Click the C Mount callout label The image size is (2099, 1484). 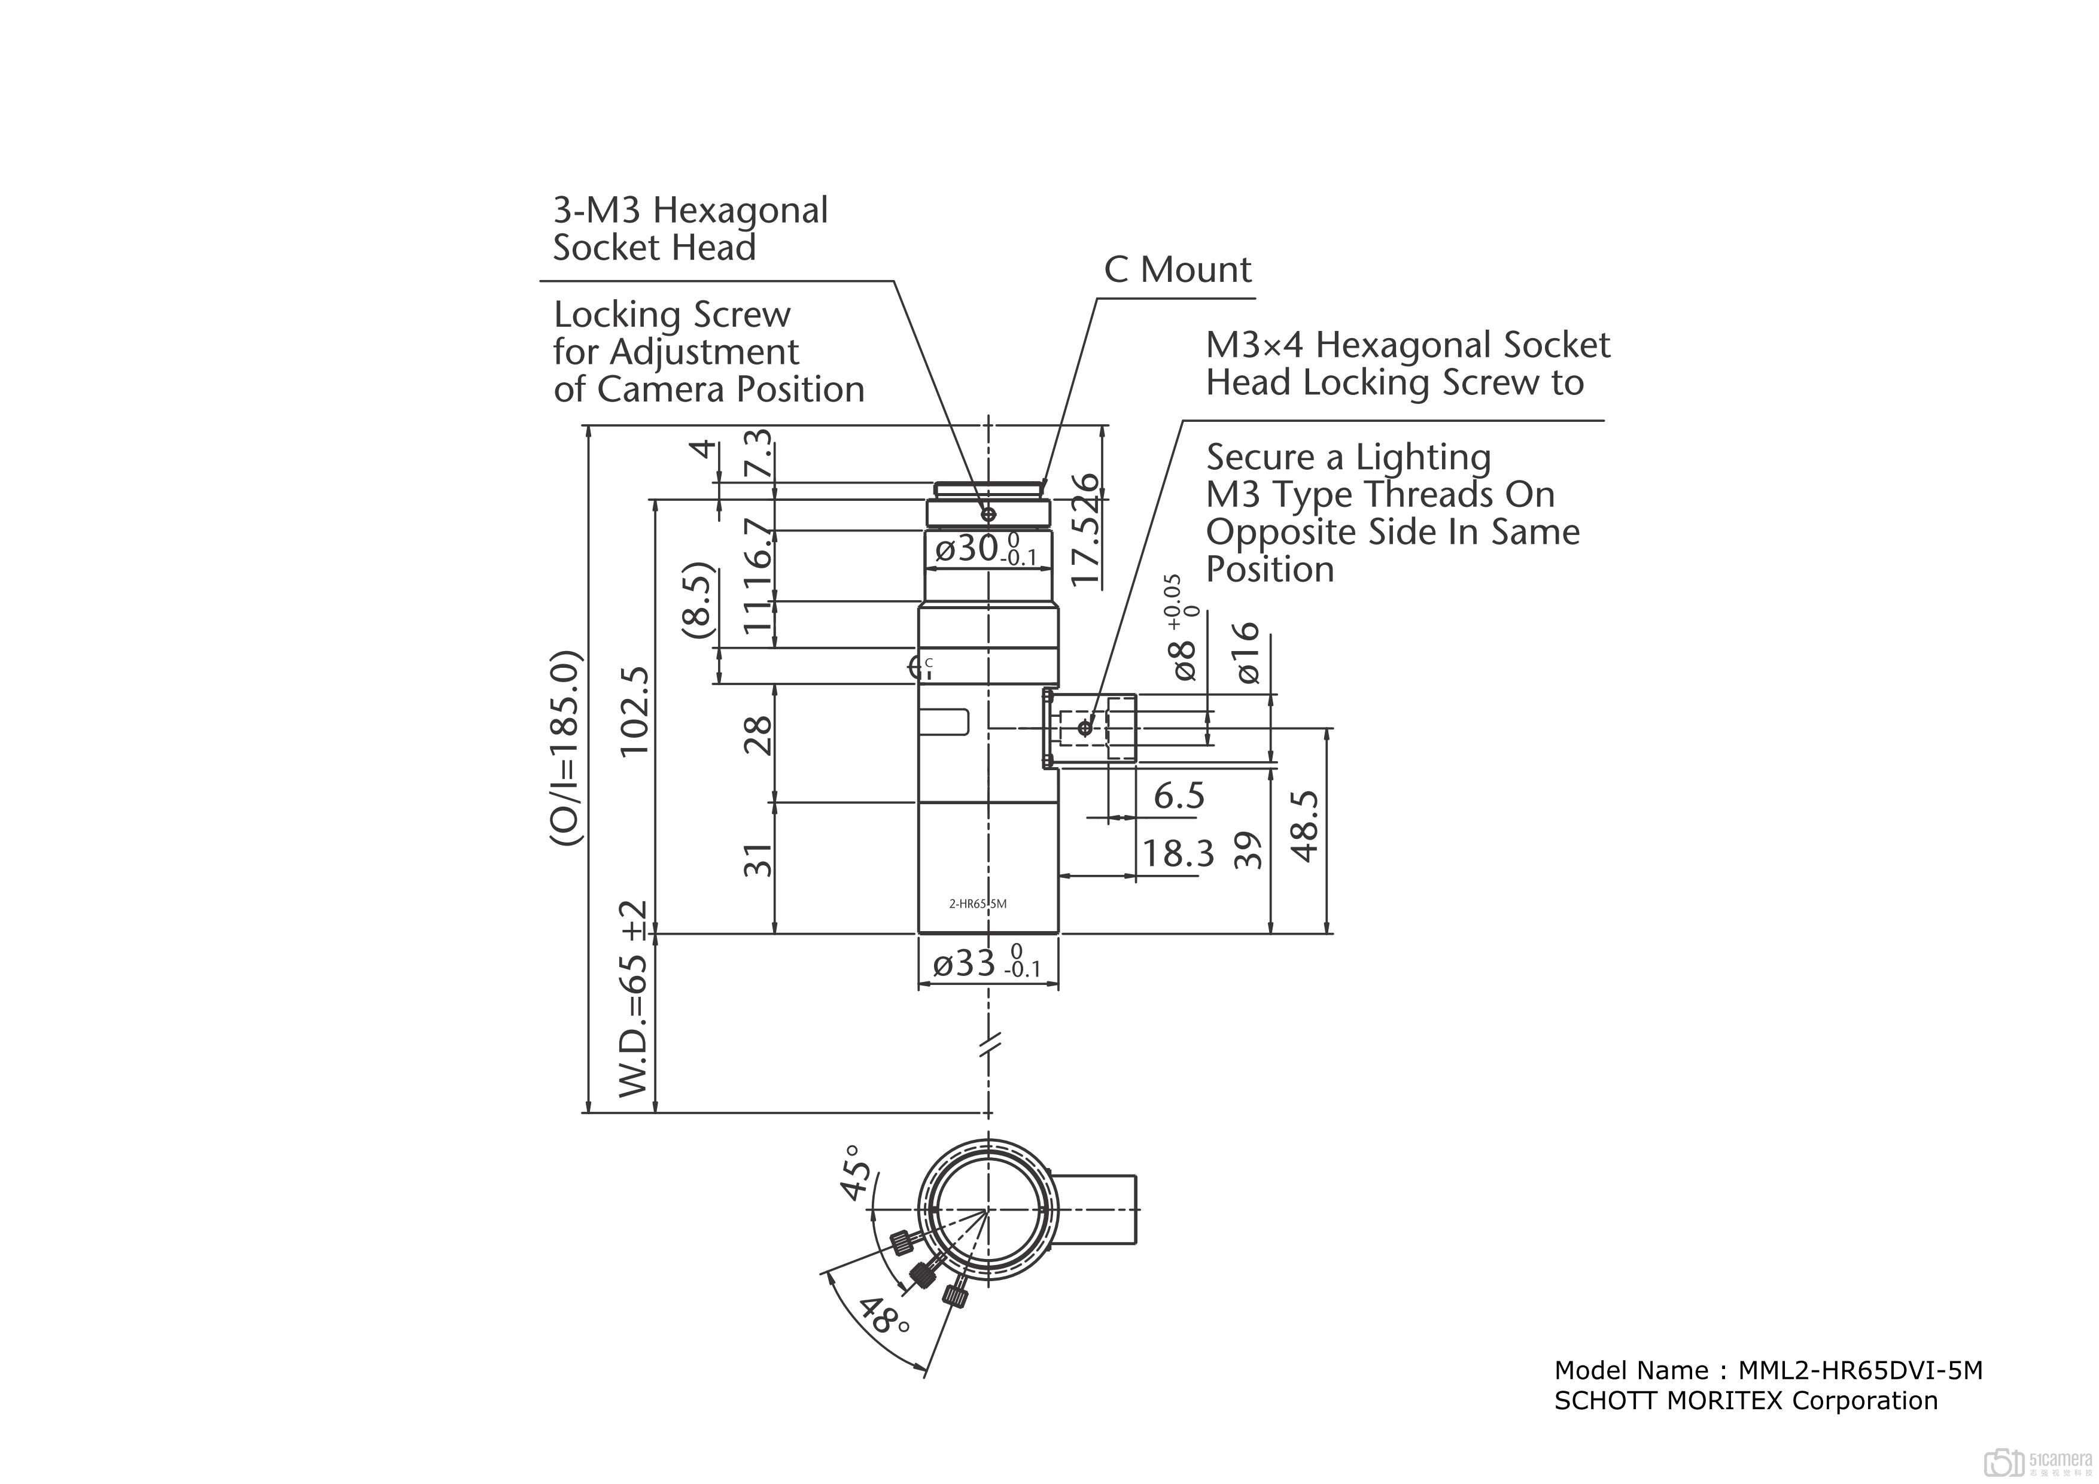(1178, 270)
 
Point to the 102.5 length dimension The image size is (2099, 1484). (634, 710)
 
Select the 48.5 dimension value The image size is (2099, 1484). (1306, 826)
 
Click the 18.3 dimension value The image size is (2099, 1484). (1178, 854)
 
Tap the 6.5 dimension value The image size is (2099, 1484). (1178, 795)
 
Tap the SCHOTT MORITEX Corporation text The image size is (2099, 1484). (1745, 1401)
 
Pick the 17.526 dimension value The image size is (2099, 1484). (1087, 528)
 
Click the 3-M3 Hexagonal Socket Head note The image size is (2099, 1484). (690, 229)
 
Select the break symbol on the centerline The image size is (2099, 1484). (989, 1043)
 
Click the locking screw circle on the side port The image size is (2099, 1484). (1084, 728)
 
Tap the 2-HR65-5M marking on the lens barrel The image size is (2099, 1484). (977, 904)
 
